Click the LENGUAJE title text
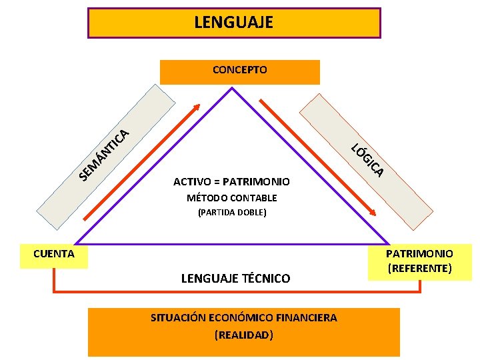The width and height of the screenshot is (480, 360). (233, 22)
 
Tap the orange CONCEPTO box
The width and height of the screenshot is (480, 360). (239, 70)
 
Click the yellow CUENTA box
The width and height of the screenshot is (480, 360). (54, 254)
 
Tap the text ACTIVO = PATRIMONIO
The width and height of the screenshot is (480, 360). (231, 181)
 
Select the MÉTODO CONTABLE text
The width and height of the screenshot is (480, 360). (231, 198)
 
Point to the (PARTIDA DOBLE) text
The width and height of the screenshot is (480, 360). (232, 213)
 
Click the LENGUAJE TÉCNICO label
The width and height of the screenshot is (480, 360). (235, 279)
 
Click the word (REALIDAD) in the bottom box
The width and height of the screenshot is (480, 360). (243, 335)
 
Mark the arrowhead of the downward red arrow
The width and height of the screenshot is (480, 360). (374, 212)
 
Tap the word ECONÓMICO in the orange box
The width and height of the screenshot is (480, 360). (247, 318)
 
